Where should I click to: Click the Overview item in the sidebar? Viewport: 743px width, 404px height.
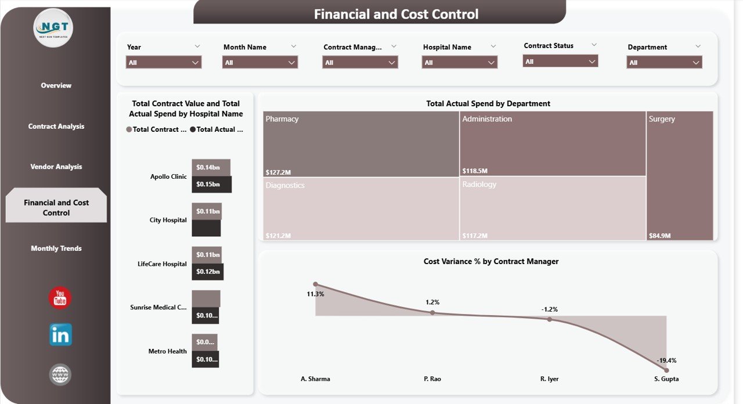pyautogui.click(x=56, y=85)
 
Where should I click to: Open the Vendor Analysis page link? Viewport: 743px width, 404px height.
pyautogui.click(x=56, y=167)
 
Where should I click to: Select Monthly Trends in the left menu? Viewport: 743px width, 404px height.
pyautogui.click(x=56, y=248)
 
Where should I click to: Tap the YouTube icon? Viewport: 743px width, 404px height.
pyautogui.click(x=60, y=298)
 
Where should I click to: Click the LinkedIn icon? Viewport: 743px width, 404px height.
pyautogui.click(x=60, y=335)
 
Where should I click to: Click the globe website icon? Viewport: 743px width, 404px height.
pyautogui.click(x=60, y=374)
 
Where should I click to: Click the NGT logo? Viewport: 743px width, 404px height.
pyautogui.click(x=53, y=27)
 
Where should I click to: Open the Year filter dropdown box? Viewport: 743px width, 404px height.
pyautogui.click(x=164, y=63)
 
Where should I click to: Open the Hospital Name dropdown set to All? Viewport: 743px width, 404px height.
pyautogui.click(x=459, y=63)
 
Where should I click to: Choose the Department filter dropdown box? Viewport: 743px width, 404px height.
pyautogui.click(x=664, y=63)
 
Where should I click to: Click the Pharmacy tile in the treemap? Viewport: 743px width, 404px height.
pyautogui.click(x=360, y=144)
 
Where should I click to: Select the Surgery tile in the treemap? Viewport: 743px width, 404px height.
pyautogui.click(x=679, y=174)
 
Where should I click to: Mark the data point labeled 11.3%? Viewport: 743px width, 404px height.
pyautogui.click(x=315, y=284)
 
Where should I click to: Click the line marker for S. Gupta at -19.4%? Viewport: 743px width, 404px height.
pyautogui.click(x=666, y=370)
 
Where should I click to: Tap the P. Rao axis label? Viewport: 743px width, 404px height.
pyautogui.click(x=432, y=379)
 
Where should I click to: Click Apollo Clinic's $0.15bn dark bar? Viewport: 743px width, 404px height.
pyautogui.click(x=211, y=185)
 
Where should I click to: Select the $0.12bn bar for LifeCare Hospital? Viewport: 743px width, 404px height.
pyautogui.click(x=207, y=272)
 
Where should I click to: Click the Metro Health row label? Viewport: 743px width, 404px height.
pyautogui.click(x=167, y=351)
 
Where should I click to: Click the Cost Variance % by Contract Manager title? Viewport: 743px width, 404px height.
pyautogui.click(x=490, y=262)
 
